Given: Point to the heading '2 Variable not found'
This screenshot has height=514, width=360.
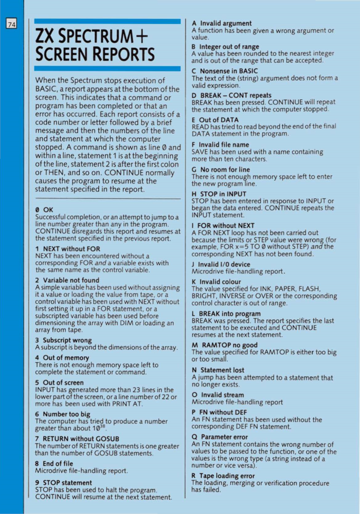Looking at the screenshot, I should coord(67,280).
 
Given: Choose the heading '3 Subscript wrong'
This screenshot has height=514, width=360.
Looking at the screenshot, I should coord(63,340).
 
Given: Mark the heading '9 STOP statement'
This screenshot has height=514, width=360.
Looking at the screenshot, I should coord(64,483).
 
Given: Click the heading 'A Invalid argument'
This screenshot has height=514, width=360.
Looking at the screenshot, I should coord(222,23).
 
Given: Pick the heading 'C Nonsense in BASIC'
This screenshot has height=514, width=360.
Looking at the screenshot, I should coord(225,70).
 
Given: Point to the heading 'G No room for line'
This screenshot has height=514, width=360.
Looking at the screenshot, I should coord(221,169).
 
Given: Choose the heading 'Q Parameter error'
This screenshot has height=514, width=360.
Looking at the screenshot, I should coord(220,437).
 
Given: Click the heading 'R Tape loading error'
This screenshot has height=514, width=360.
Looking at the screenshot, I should coord(223,476).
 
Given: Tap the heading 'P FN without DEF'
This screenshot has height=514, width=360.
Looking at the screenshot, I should coord(219,413).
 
